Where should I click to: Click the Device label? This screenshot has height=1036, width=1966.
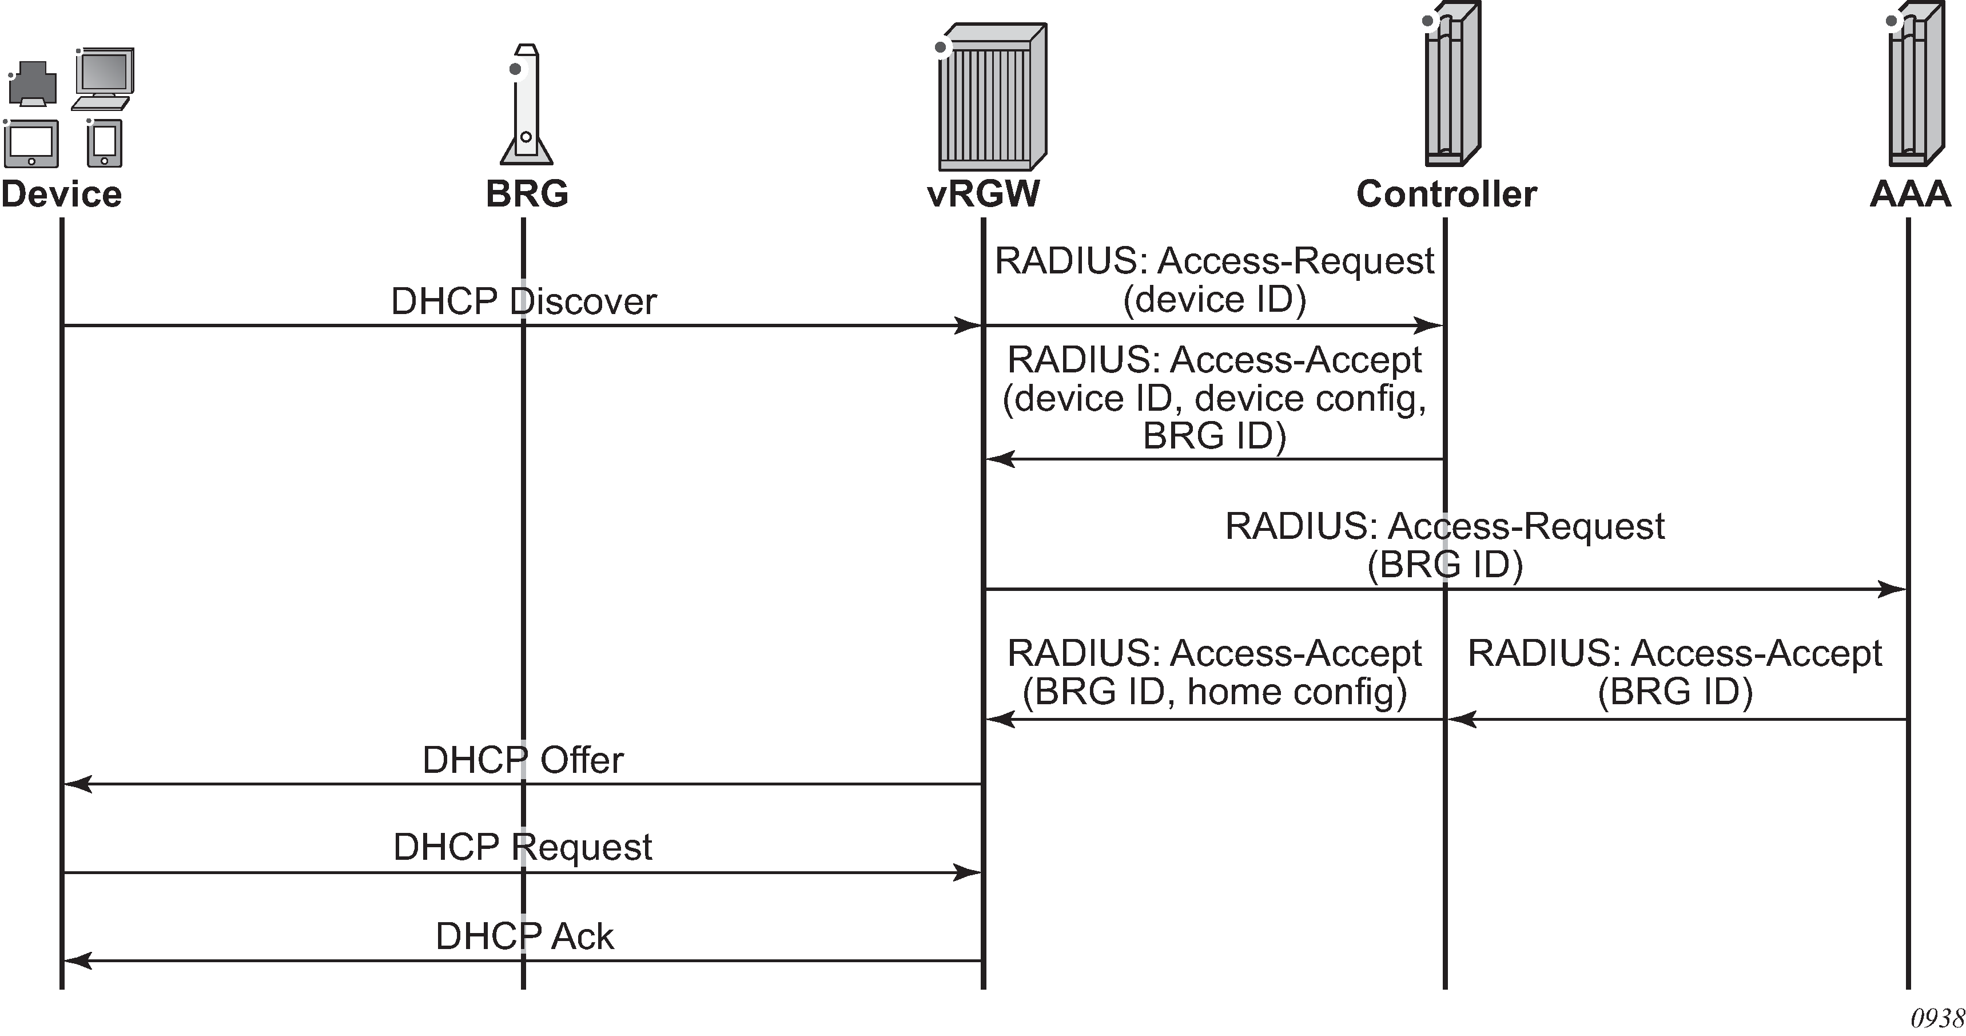(62, 194)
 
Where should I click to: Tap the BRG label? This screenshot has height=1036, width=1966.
(527, 194)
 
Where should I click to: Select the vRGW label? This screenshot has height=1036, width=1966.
(983, 194)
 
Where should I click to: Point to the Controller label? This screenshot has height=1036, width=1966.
(1446, 194)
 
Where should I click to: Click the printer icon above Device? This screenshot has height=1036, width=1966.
(33, 84)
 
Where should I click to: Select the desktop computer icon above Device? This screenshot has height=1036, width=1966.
(104, 78)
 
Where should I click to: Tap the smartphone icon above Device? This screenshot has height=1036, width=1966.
(105, 143)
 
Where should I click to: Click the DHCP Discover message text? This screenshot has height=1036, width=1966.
(524, 301)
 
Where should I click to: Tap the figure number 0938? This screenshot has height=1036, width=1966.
(1936, 1018)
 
